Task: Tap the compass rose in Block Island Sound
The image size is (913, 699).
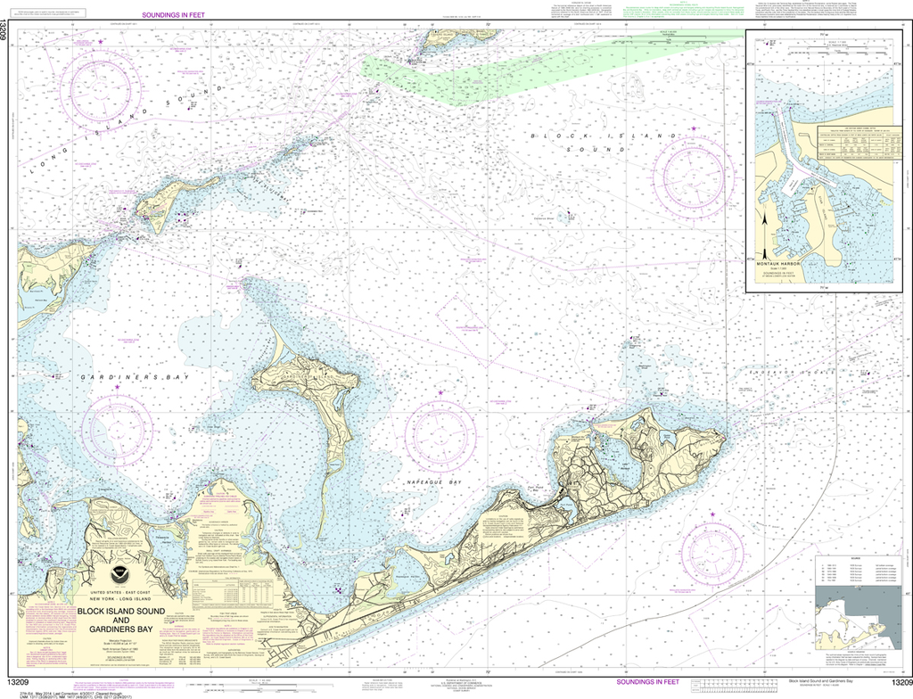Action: [693, 177]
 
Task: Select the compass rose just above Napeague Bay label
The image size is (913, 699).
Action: [440, 438]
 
